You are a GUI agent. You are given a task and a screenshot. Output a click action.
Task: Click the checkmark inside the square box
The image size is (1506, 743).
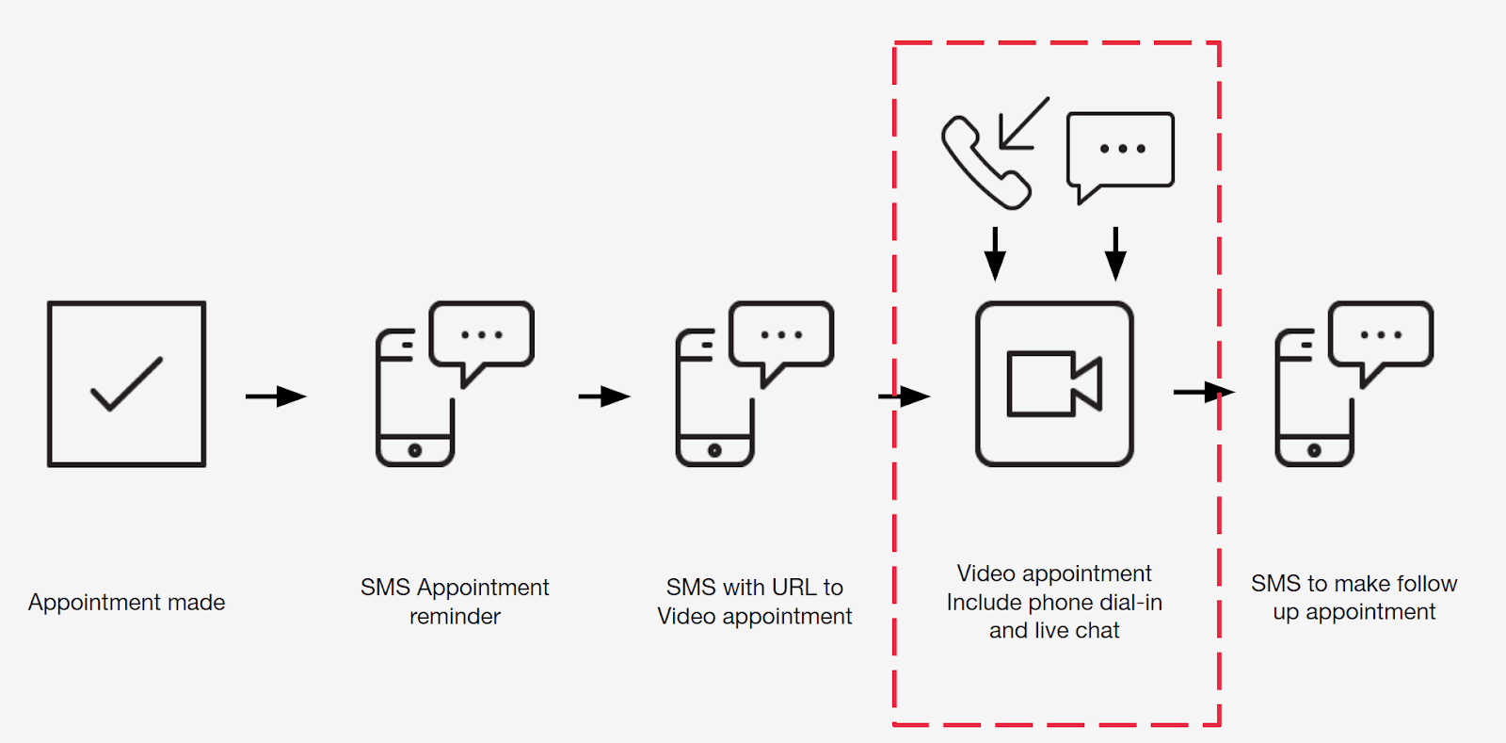tap(126, 384)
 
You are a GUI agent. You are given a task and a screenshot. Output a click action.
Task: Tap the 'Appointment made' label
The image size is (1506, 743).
tap(127, 603)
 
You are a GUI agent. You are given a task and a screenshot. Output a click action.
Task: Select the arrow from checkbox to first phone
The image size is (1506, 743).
tap(276, 396)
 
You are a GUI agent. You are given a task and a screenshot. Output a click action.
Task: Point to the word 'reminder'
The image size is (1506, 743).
tap(455, 617)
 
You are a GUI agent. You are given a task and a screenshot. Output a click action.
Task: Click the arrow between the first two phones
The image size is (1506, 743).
tap(604, 396)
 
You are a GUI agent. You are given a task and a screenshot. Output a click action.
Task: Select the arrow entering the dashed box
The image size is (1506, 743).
tap(905, 396)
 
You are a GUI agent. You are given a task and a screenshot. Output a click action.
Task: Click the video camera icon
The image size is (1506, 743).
tap(1054, 383)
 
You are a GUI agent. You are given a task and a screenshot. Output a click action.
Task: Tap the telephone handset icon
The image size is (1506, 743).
tap(985, 163)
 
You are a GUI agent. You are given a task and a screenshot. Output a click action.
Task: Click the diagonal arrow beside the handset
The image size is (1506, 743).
tap(1024, 122)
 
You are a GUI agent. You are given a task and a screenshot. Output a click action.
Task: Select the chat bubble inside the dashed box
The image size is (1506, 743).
tap(1120, 151)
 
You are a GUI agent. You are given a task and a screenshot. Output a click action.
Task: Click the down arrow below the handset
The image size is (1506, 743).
tap(995, 253)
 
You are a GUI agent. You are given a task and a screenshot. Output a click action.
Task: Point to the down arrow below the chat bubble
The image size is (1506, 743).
tap(1115, 253)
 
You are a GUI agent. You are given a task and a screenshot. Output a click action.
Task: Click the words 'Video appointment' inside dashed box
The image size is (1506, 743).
tap(1054, 573)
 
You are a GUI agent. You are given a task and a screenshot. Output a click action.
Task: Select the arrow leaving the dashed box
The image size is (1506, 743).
tap(1204, 392)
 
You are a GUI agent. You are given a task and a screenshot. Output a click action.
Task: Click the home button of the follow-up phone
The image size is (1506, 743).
tap(1314, 450)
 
